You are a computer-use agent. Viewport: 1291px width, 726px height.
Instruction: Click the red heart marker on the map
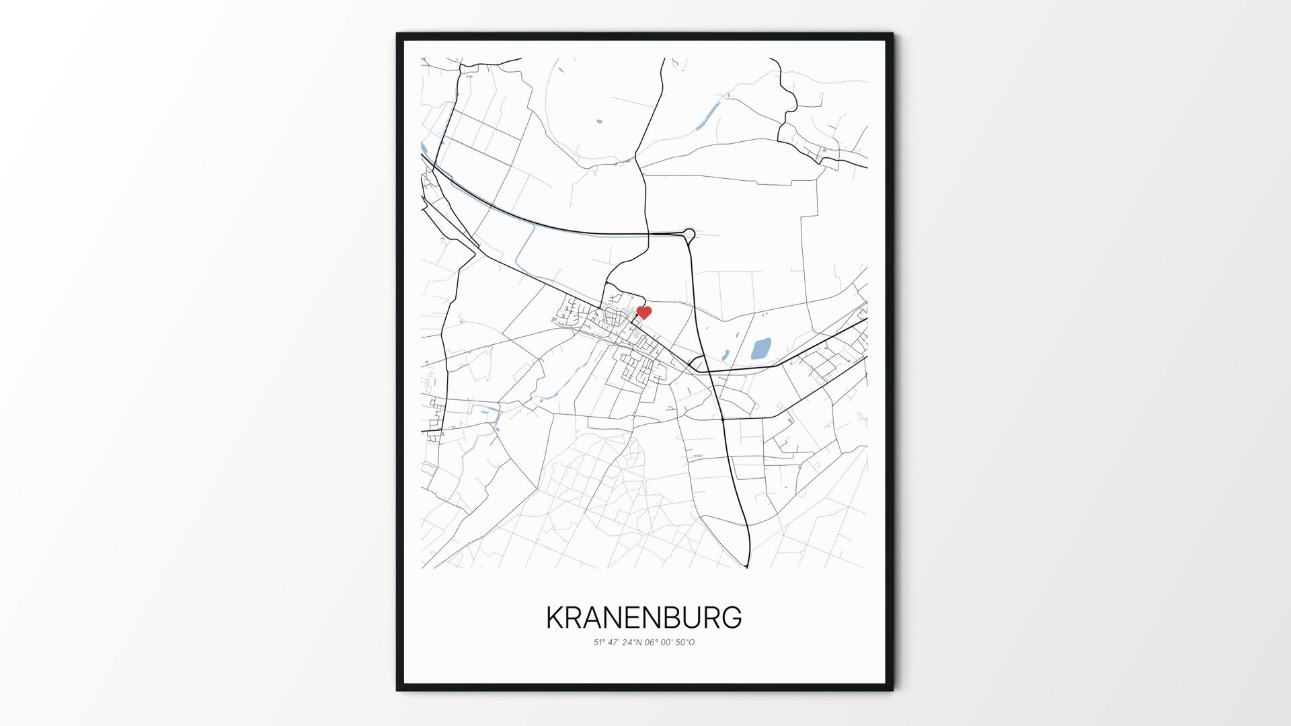(644, 313)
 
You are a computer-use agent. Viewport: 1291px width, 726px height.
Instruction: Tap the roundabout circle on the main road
(689, 234)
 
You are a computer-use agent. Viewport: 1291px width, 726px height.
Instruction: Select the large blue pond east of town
(760, 349)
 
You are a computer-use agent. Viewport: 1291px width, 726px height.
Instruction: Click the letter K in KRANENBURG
(555, 618)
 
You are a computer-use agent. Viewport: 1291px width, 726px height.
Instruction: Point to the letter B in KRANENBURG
(686, 618)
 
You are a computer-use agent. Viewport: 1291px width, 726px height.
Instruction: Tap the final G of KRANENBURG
(732, 618)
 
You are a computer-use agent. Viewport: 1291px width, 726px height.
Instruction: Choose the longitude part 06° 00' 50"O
(670, 643)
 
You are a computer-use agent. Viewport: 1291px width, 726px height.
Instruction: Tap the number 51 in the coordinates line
(597, 643)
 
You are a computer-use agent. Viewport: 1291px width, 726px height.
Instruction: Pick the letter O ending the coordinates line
(692, 643)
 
